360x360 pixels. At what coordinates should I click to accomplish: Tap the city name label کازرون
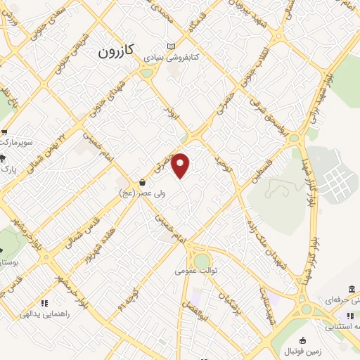[115, 52]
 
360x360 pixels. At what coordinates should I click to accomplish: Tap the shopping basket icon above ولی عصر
[143, 182]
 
